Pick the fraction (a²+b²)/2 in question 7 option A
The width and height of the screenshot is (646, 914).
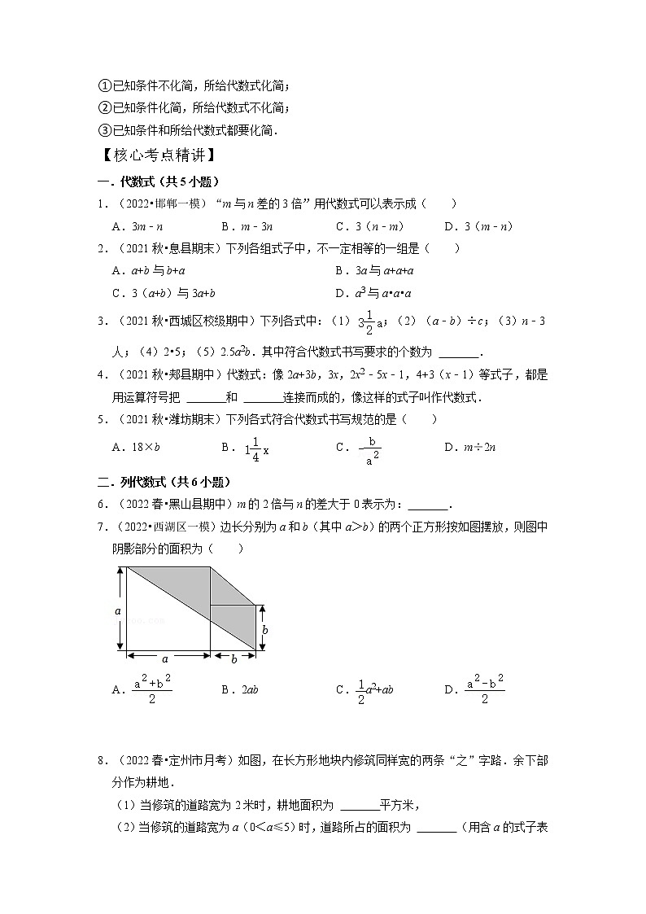(152, 689)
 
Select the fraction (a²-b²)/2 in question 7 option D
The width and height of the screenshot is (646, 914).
(485, 689)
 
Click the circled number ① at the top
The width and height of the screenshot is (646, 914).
(104, 85)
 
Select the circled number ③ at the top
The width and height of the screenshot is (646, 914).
(104, 130)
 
